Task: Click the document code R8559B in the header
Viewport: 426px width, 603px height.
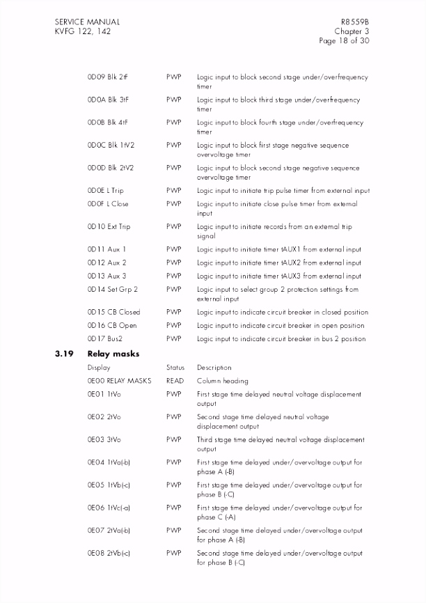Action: point(354,22)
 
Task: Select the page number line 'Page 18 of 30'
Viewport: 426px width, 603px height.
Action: point(343,41)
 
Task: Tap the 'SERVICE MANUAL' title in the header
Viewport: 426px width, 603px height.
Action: point(87,22)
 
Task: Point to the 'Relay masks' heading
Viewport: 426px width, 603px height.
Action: point(113,354)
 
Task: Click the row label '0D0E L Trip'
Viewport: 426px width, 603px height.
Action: point(106,191)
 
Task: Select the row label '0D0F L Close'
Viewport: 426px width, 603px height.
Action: point(108,204)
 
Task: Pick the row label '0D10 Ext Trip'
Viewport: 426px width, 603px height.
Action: point(109,227)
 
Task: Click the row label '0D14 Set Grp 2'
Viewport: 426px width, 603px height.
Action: point(113,290)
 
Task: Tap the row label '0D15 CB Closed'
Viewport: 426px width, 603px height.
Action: point(113,312)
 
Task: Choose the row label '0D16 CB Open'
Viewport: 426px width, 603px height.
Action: point(112,325)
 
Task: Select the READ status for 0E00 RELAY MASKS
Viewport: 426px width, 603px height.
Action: point(175,381)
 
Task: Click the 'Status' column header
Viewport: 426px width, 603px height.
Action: point(175,368)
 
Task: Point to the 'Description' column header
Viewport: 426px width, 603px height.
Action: point(214,368)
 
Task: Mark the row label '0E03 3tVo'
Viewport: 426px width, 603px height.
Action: point(104,440)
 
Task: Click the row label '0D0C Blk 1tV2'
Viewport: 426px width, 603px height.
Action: point(111,146)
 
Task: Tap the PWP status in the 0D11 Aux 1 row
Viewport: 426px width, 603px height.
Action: point(174,249)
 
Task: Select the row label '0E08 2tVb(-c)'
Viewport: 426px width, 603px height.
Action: point(109,553)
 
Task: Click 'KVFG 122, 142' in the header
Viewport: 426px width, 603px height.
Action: point(83,31)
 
